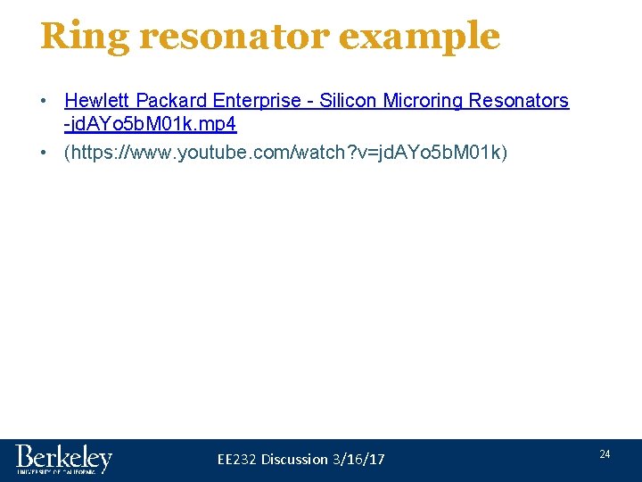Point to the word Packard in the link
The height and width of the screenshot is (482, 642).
pos(173,101)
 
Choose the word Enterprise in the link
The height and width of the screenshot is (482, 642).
pos(259,101)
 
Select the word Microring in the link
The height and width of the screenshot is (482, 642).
pos(423,101)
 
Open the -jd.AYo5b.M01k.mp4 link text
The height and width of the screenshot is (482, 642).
pos(151,124)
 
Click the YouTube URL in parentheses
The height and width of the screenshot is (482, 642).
pos(286,153)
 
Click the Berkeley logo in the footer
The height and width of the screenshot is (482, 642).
pos(63,458)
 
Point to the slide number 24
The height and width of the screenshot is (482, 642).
pos(605,454)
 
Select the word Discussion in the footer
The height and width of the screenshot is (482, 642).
pos(295,459)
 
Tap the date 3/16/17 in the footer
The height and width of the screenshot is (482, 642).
pos(358,459)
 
